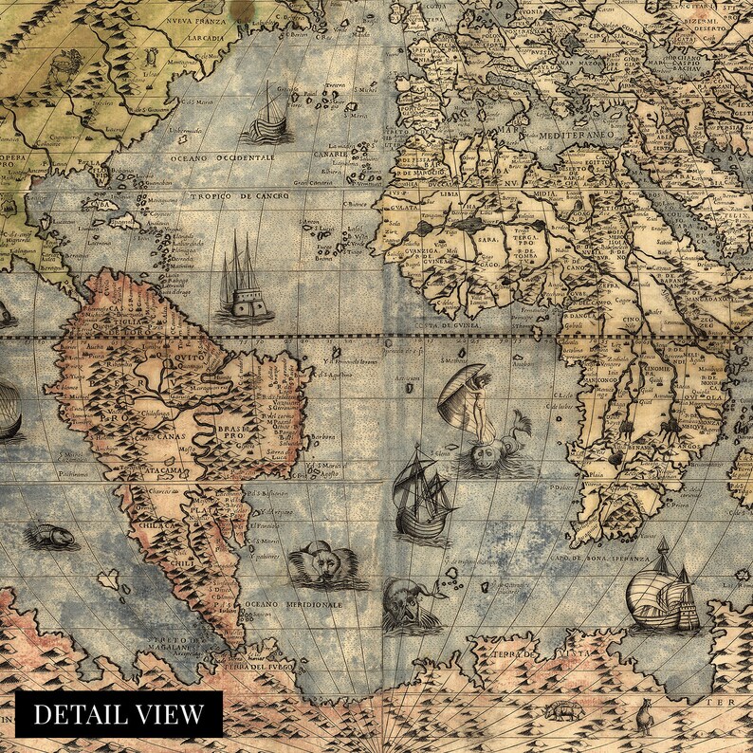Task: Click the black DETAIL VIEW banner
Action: (x=119, y=714)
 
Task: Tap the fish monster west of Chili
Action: (x=52, y=537)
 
